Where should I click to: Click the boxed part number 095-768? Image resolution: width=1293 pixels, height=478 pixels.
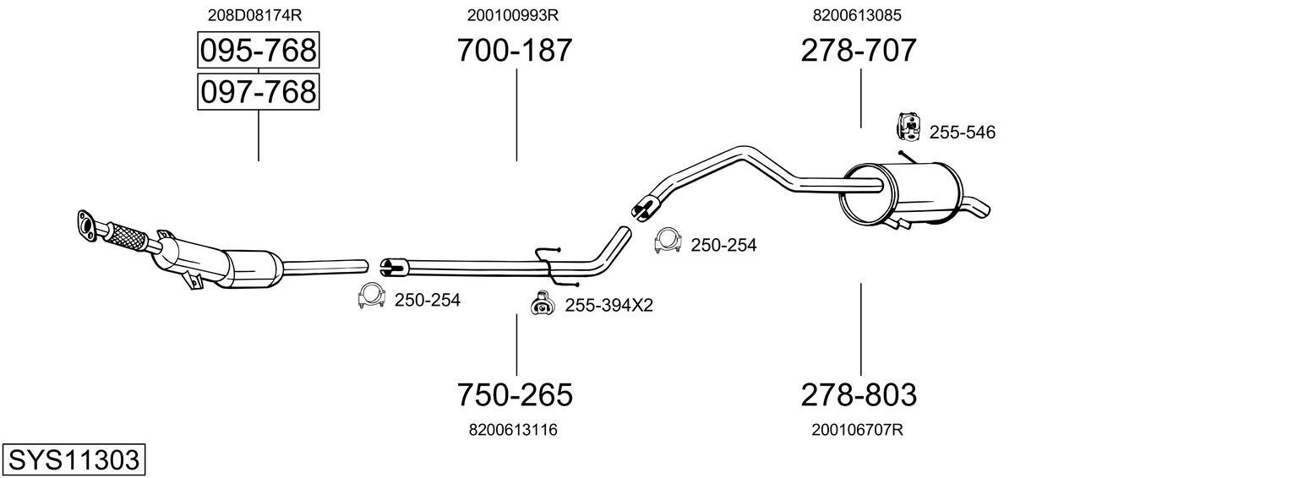[x=258, y=50]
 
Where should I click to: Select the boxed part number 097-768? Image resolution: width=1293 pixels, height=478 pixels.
[x=258, y=91]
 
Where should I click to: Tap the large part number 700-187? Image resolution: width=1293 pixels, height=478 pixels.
[x=515, y=50]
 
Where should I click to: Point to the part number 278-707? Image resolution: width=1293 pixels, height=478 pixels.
[x=859, y=50]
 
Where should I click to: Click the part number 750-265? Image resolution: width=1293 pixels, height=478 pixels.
[x=515, y=395]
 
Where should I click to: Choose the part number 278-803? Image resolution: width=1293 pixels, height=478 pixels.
[x=859, y=395]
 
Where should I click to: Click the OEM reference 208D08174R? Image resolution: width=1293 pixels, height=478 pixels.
[x=254, y=15]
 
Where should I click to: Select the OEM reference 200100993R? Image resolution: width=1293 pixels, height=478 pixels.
[x=513, y=15]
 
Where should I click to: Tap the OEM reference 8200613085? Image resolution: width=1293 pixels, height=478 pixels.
[x=857, y=15]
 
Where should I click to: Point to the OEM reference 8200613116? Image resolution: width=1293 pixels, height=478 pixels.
[x=513, y=430]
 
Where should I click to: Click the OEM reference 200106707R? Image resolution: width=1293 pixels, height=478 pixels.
[x=857, y=430]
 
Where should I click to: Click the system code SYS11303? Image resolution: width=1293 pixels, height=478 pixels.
[x=74, y=460]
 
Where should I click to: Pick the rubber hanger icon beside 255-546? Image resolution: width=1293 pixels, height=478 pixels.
[x=909, y=127]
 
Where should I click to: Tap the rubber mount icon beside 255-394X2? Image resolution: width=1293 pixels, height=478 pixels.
[x=543, y=303]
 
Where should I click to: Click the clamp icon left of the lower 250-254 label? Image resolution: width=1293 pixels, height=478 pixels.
[x=372, y=296]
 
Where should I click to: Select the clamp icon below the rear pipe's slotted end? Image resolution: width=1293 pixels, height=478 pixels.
[x=668, y=241]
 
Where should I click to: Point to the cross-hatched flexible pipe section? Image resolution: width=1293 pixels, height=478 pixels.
[x=127, y=236]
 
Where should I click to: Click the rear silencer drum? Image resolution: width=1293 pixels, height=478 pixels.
[x=901, y=193]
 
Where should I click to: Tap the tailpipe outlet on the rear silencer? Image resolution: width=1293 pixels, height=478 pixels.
[x=977, y=208]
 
